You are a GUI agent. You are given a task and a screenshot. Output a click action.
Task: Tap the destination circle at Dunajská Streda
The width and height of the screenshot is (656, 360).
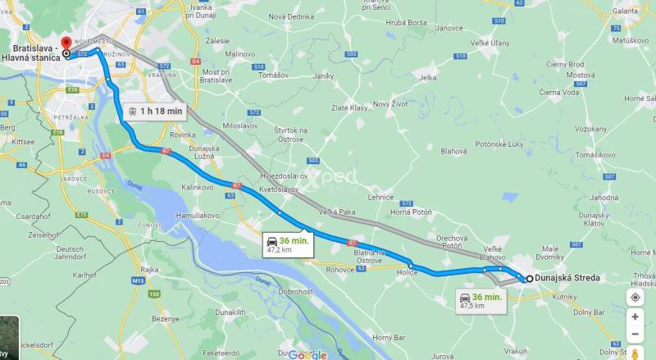(x=529, y=278)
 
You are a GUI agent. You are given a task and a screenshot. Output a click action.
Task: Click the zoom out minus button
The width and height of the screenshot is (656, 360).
(x=635, y=334)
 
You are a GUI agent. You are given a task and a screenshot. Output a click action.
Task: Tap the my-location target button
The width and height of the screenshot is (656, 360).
(x=635, y=297)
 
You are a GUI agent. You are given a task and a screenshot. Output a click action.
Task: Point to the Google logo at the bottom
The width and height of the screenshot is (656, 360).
(x=307, y=354)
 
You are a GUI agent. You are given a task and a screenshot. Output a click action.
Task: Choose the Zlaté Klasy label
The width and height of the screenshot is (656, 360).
(x=349, y=107)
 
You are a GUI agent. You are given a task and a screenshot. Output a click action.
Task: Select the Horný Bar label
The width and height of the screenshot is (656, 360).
(x=389, y=337)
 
